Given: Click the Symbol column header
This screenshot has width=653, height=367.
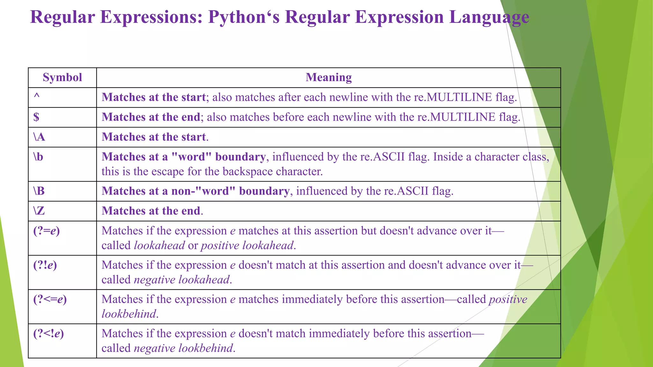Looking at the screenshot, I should [x=62, y=77].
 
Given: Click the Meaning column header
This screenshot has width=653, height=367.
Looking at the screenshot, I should [x=328, y=77].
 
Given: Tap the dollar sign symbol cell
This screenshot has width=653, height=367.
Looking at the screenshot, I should [x=36, y=117].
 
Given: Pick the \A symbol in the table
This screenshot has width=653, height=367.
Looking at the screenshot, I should [x=39, y=137].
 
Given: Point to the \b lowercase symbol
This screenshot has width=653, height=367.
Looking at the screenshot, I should [x=38, y=157].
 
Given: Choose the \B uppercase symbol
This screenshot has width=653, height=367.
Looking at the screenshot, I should [x=39, y=191].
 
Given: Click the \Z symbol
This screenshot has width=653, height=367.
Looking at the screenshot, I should [x=39, y=211].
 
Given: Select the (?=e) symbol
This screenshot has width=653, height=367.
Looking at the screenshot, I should [x=47, y=231].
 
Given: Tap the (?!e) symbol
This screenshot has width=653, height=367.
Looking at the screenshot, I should [x=45, y=265].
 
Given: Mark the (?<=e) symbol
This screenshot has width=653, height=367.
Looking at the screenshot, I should [x=50, y=299].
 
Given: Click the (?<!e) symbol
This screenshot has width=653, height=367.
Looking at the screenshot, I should [x=48, y=334].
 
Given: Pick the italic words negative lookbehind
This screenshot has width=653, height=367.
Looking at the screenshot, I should [x=183, y=348].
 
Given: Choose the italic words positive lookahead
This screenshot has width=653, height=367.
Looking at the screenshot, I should [x=247, y=246].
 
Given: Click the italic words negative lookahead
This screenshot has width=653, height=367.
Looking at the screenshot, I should [x=182, y=280].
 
